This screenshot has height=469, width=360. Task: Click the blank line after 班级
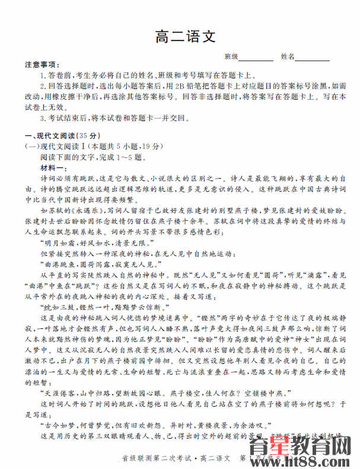click(x=256, y=57)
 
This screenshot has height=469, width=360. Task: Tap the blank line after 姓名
click(x=313, y=57)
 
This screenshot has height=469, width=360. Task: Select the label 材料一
click(x=52, y=168)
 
